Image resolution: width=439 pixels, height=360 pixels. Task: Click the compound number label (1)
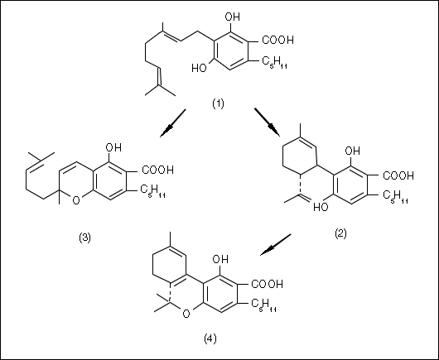[218, 103]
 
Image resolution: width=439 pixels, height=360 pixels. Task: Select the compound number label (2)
[340, 233]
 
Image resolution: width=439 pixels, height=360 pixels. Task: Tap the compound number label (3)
[84, 238]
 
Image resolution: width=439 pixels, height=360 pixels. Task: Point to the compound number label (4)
[210, 338]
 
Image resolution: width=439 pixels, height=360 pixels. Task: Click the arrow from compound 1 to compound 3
[173, 123]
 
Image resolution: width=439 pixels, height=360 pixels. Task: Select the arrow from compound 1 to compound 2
[267, 122]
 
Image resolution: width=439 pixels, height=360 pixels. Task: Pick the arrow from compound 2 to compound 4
[276, 244]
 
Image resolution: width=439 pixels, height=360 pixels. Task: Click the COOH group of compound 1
[277, 40]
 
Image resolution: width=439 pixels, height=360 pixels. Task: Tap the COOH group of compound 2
[398, 175]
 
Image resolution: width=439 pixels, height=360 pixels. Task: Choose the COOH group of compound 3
[157, 170]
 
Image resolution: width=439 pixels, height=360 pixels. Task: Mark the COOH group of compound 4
[267, 284]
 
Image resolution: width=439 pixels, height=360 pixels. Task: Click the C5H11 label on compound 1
[274, 62]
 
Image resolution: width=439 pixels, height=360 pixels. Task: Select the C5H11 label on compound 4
[263, 305]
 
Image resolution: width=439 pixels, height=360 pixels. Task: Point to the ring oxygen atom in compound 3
[76, 200]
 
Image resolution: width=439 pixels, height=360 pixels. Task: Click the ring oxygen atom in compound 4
[186, 314]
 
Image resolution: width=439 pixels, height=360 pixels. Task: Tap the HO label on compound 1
[199, 68]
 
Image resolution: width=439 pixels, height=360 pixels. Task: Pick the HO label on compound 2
[321, 207]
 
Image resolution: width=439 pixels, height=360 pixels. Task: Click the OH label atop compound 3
[113, 147]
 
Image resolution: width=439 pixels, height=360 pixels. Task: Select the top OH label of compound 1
[233, 17]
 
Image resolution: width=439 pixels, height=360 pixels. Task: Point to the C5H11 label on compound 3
[152, 191]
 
